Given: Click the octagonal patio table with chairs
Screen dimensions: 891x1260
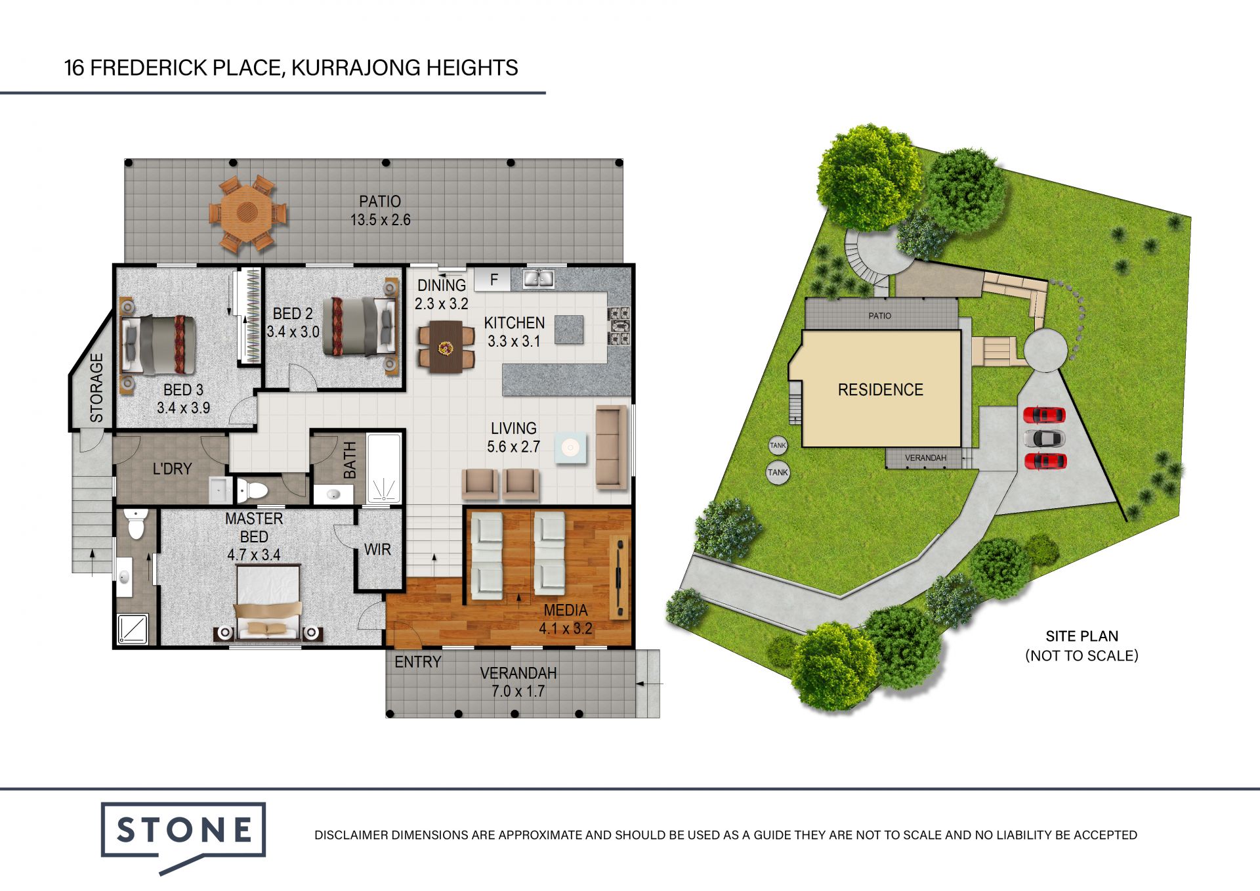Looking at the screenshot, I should coord(247,213).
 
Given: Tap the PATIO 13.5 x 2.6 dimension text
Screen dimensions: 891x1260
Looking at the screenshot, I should coord(380,211).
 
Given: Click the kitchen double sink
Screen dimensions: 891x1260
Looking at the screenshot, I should coord(538,278).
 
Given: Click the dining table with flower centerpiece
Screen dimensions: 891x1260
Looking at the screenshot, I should coord(446,347).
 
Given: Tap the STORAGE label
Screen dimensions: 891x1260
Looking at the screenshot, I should coord(96,387).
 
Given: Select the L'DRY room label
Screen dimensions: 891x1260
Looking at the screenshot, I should coord(172,469).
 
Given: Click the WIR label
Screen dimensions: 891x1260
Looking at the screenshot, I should coord(377,550).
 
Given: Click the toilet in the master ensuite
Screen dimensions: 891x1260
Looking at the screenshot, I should coord(136,524).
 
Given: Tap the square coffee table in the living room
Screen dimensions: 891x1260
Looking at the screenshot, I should coord(570,448).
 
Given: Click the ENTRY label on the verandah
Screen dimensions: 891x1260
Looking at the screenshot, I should coord(417,662).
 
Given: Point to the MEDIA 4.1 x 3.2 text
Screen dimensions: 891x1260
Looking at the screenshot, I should coord(565,619).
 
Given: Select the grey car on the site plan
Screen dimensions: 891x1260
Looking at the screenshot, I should coord(1044,438).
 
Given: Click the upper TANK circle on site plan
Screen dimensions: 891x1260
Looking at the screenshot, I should coord(778,445).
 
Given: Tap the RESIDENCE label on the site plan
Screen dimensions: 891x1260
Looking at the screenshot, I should coord(880,389).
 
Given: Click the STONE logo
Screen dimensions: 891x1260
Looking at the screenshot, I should coord(183,831).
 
